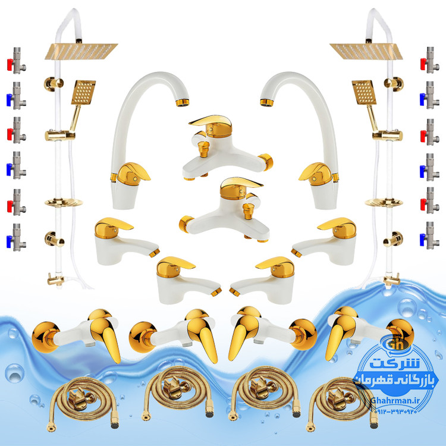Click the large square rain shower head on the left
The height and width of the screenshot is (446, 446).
pyautogui.click(x=81, y=51)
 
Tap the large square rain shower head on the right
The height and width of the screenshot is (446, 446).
pyautogui.click(x=366, y=51)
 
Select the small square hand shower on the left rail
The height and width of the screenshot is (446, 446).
pyautogui.click(x=83, y=92)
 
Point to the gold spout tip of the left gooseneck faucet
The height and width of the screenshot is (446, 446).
pyautogui.click(x=182, y=102)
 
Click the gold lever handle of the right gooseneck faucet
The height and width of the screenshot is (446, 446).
pyautogui.click(x=315, y=172)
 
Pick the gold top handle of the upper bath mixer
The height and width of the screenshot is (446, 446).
pyautogui.click(x=211, y=125)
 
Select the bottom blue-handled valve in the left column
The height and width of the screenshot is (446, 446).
pyautogui.click(x=17, y=238)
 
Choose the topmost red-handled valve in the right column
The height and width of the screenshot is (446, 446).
pyautogui.click(x=430, y=61)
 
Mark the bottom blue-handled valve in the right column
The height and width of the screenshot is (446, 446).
pyautogui.click(x=430, y=236)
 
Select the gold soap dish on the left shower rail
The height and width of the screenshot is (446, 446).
pyautogui.click(x=64, y=203)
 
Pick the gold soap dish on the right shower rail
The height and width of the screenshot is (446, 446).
pyautogui.click(x=384, y=203)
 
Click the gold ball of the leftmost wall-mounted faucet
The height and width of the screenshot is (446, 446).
pyautogui.click(x=46, y=337)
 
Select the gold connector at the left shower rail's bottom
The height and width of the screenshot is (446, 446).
pyautogui.click(x=56, y=279)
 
